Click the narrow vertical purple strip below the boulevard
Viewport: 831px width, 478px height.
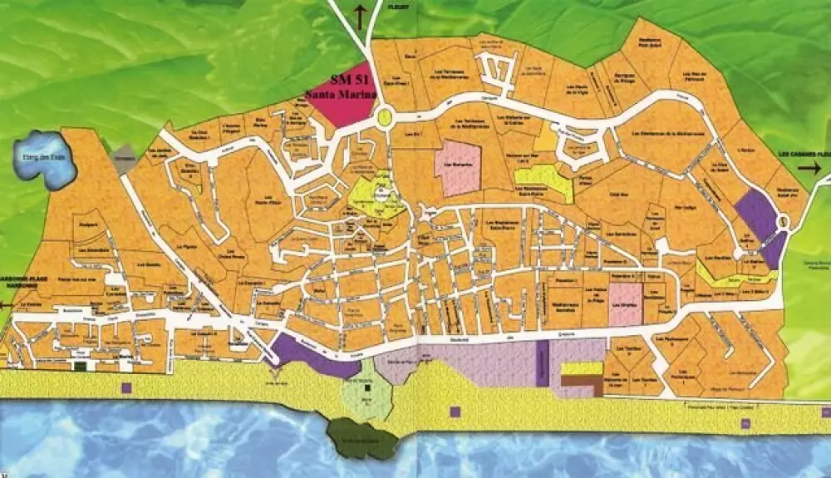[x=542, y=363]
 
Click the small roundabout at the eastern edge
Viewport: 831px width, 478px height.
[x=782, y=221]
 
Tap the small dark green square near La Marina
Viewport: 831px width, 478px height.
[x=81, y=365]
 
